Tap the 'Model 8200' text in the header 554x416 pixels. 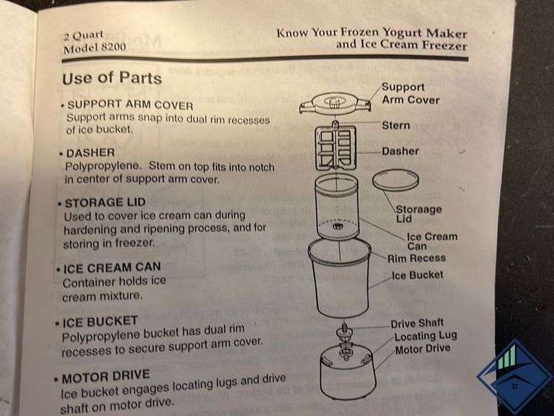pos(90,50)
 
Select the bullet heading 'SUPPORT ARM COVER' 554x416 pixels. pos(130,104)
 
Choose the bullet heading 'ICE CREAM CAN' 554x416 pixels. pos(111,267)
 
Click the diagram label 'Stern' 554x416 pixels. pos(395,125)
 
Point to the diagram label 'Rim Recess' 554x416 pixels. pos(416,258)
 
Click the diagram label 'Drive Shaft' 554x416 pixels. pos(417,323)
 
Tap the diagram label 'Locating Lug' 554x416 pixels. pos(425,336)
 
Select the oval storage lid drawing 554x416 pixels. pos(396,181)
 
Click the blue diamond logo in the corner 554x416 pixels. pos(514,376)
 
